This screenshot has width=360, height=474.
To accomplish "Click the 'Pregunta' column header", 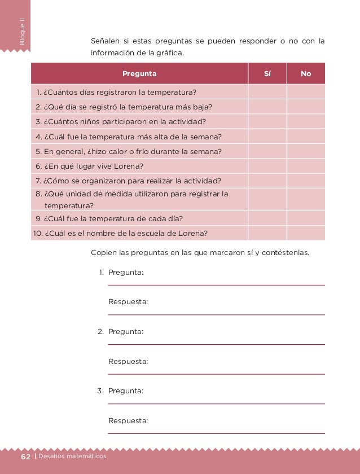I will (139, 73).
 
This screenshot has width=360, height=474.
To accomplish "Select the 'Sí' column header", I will (267, 73).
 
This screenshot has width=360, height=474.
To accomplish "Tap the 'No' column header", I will (306, 73).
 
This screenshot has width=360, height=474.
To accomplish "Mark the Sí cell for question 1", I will (267, 92).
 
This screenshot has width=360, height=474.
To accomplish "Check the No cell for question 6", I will (306, 166).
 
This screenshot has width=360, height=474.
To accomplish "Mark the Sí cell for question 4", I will (267, 137).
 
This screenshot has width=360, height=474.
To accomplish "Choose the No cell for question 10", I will (306, 233).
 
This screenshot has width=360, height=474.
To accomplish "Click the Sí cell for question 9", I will (267, 218).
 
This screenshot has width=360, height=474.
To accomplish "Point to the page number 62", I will (26, 456).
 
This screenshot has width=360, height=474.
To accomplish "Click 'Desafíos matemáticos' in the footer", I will (72, 456).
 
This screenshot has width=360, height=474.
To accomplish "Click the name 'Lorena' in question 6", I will (130, 166).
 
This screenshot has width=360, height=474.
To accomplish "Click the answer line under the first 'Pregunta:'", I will (216, 284).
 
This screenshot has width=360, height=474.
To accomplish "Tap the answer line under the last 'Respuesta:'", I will (216, 433).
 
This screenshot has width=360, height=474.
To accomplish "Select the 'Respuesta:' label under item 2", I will (128, 361).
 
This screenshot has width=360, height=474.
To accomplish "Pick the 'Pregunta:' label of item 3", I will (125, 390).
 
